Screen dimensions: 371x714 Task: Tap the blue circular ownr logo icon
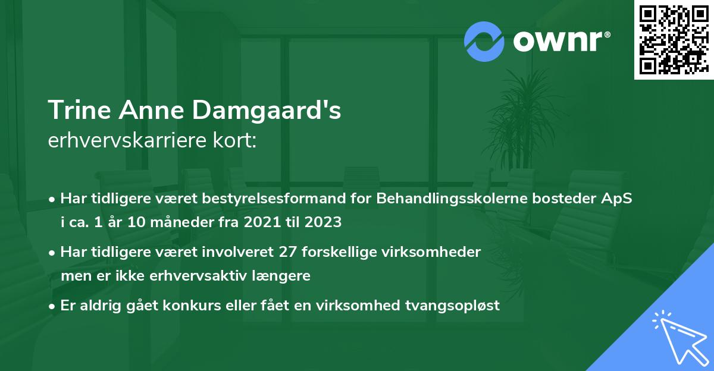pyautogui.click(x=484, y=42)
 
